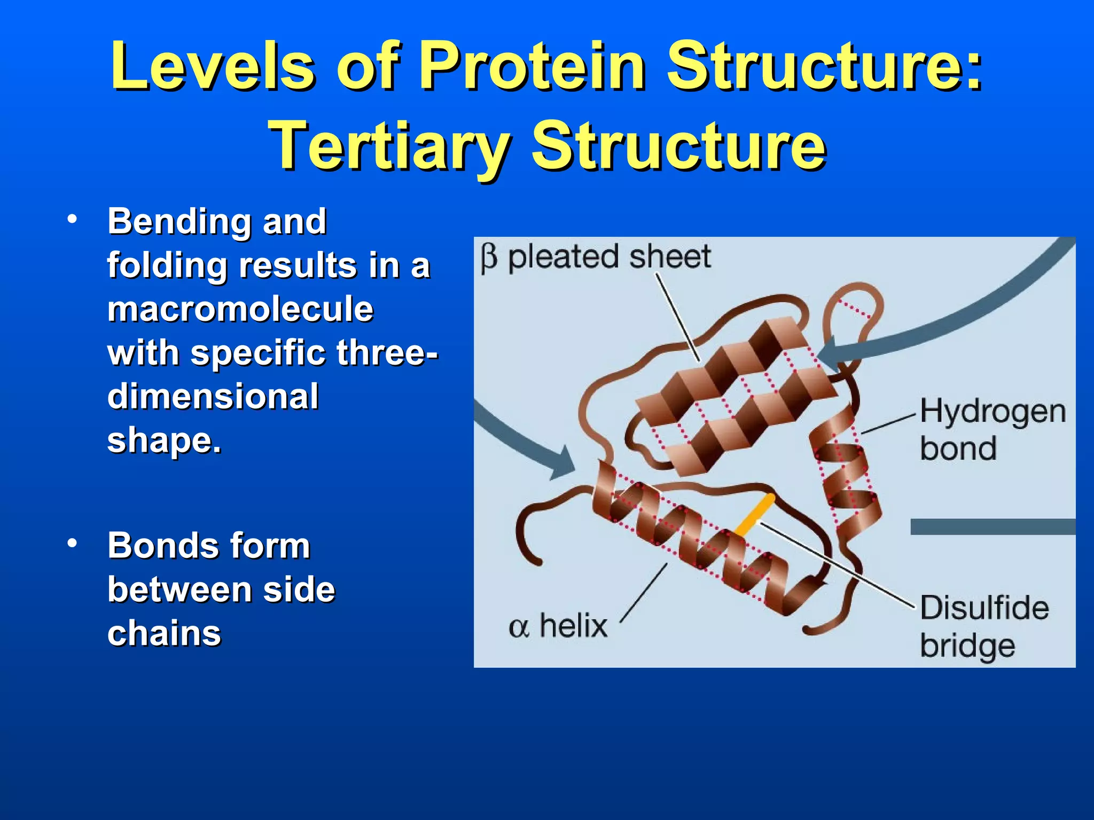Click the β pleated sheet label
tap(596, 257)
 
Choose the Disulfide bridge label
tap(984, 626)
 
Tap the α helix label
tap(558, 626)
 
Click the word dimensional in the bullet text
tap(213, 397)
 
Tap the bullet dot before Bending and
tap(72, 219)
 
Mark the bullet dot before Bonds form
tap(72, 543)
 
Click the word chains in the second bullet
tap(164, 633)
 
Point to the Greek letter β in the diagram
tap(489, 258)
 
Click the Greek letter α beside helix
tap(518, 627)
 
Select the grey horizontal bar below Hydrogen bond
tap(993, 526)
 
